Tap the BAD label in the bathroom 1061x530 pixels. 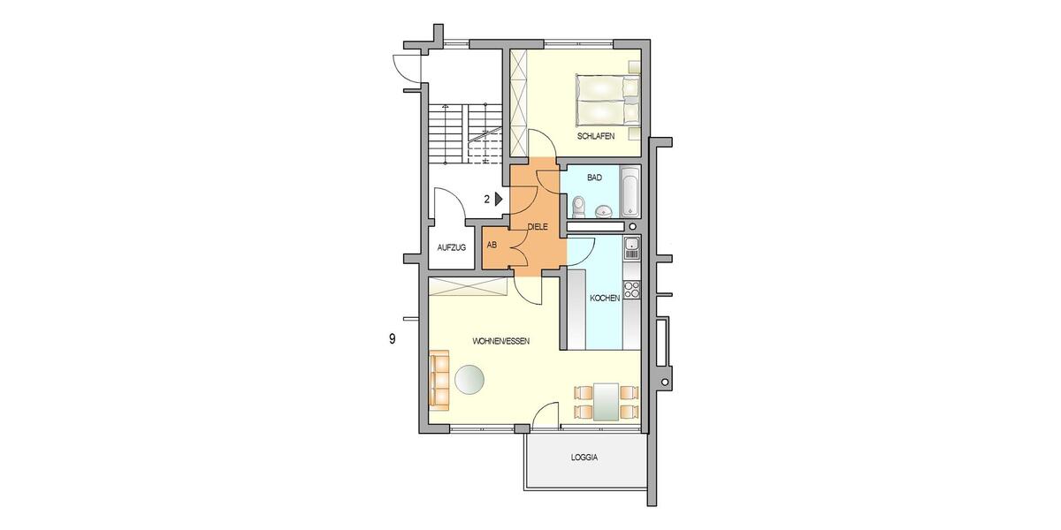coord(594,178)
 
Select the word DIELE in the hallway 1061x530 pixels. coord(538,227)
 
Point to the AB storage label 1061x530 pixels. coord(492,244)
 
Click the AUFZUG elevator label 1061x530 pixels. coord(451,247)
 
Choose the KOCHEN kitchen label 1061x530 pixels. coord(605,299)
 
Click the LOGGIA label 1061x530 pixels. coord(584,458)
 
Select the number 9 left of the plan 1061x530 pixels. coord(392,338)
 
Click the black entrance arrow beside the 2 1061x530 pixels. coord(499,200)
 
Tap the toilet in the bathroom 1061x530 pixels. coord(577,206)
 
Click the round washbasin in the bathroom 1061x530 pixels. coord(604,210)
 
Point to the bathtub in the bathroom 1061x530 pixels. coord(629,192)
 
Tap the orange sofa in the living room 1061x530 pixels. coord(439,379)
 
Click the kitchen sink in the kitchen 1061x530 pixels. coord(631,248)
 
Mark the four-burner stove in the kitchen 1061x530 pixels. coord(631,289)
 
